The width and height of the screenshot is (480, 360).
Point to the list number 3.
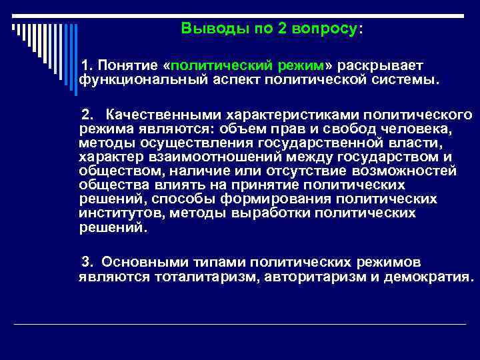tap(85, 263)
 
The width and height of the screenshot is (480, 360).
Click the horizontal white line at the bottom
tap(240, 324)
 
